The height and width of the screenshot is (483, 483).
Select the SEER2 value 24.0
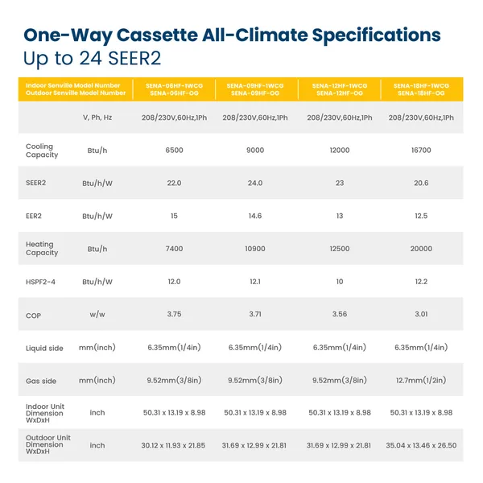pyautogui.click(x=254, y=183)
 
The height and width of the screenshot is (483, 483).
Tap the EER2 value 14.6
pyautogui.click(x=254, y=216)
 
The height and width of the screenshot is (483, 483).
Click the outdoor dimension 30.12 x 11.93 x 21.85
pyautogui.click(x=173, y=445)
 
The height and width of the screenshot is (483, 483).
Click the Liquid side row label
pyautogui.click(x=44, y=347)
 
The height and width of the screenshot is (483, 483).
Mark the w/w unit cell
pyautogui.click(x=97, y=315)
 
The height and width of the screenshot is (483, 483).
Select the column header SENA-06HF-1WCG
pyautogui.click(x=174, y=85)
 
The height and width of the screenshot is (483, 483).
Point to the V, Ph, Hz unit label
pyautogui.click(x=97, y=118)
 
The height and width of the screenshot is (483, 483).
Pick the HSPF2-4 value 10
pyautogui.click(x=338, y=282)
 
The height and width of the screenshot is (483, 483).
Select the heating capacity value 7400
pyautogui.click(x=173, y=249)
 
